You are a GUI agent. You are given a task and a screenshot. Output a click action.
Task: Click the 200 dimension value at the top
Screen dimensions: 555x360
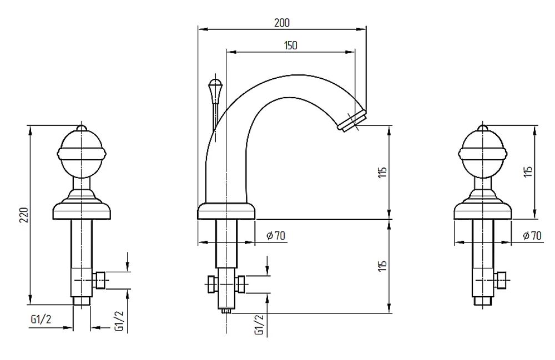[282, 23]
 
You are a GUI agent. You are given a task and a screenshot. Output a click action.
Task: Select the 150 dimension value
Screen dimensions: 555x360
[291, 45]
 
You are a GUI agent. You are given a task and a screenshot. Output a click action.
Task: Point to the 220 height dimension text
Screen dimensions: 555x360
[24, 215]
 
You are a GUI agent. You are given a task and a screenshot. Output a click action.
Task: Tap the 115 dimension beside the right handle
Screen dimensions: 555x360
[528, 172]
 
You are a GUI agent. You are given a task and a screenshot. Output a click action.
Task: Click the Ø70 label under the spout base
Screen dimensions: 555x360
[276, 236]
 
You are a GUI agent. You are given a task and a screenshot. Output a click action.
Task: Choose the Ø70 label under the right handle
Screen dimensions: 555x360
[532, 236]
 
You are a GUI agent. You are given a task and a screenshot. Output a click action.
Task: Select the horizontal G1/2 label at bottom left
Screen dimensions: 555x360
[41, 320]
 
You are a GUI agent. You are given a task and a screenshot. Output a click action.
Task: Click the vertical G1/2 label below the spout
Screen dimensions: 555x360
[259, 325]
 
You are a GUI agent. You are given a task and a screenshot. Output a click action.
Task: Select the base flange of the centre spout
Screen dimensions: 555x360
[226, 211]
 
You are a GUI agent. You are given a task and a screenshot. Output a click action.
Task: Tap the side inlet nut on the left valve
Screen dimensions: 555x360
[99, 280]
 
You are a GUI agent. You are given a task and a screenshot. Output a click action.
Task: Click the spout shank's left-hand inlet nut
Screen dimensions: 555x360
[211, 284]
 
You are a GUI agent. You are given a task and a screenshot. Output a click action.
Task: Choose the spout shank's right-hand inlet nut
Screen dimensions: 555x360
[241, 284]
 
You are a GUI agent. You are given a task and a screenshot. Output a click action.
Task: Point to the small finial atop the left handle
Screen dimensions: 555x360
[82, 128]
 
